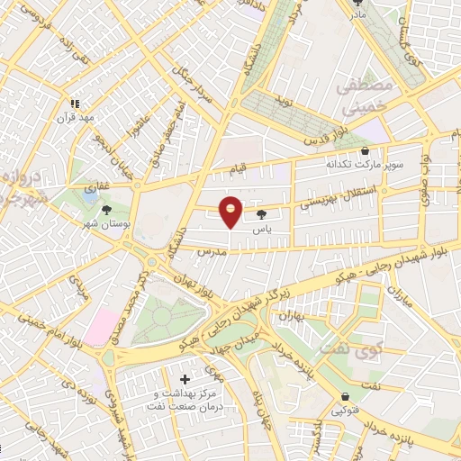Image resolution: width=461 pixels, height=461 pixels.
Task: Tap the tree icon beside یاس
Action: coord(261,214)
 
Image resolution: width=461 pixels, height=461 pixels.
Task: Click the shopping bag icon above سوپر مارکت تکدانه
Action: coord(364,151)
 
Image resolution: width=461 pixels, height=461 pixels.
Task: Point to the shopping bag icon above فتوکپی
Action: coord(345,397)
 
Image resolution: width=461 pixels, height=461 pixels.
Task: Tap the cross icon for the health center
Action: coord(185,380)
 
